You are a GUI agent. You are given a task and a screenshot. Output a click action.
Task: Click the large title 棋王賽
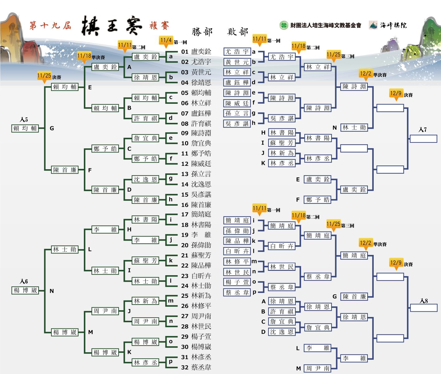(x=111, y=26)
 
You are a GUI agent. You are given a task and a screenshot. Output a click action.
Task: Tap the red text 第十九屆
(x=50, y=25)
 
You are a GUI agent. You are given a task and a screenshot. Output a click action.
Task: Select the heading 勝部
(x=202, y=32)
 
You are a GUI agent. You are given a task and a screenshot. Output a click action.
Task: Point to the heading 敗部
(x=238, y=32)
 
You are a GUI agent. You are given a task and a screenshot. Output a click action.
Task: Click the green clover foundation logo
(x=284, y=25)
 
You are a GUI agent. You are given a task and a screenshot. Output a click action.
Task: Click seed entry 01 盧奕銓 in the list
(x=196, y=52)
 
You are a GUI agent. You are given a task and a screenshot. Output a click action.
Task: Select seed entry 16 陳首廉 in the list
(x=196, y=205)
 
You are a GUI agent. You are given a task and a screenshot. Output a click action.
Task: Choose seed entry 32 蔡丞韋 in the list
(x=196, y=367)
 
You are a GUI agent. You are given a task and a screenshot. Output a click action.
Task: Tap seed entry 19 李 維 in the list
(x=196, y=235)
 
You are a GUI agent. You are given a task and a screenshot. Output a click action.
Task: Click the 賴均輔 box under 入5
(x=25, y=128)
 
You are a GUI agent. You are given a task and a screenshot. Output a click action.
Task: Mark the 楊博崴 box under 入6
(x=25, y=290)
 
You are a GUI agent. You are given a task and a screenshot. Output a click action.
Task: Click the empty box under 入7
(x=423, y=139)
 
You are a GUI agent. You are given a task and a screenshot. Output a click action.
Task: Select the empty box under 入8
(x=424, y=308)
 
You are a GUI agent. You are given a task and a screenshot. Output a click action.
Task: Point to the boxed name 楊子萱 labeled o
(x=237, y=282)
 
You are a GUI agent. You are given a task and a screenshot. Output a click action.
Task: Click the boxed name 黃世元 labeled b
(x=237, y=62)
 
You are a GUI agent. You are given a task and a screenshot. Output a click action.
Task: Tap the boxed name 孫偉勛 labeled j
(x=237, y=231)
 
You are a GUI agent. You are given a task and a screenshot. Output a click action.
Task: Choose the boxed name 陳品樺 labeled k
(x=237, y=241)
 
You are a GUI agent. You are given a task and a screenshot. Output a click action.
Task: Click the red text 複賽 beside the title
(x=159, y=26)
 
